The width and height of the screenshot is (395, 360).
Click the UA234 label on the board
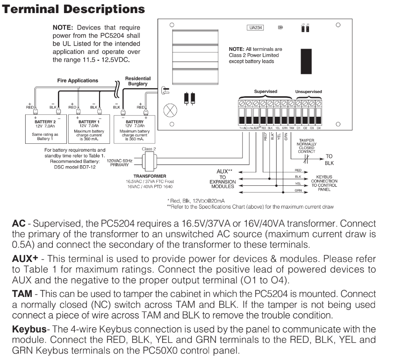coord(255,28)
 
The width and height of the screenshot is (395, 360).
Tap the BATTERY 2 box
coord(46,129)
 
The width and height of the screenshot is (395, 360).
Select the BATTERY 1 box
coord(89,129)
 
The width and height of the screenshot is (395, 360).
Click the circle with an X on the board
coord(170,110)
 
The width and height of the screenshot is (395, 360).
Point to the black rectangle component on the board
coord(306,61)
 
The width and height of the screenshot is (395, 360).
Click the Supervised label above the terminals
coord(266,92)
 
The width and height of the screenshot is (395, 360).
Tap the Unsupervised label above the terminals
coord(309,92)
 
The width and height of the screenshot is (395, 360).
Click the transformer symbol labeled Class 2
coord(150,162)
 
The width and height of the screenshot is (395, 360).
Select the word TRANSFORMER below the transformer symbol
coord(150,176)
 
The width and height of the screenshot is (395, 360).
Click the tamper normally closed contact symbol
coord(306,159)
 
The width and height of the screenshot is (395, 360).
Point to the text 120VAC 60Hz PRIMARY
coord(120,163)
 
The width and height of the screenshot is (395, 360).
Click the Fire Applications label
coord(78,80)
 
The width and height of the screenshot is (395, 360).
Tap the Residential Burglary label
coord(138,81)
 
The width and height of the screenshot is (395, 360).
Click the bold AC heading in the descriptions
coord(19,223)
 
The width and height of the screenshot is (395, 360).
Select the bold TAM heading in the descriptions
coord(22,294)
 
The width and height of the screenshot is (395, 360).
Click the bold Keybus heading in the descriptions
coord(29,329)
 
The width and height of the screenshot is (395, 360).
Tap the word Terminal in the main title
coord(31,9)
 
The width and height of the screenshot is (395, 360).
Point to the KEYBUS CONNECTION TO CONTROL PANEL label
coord(324,183)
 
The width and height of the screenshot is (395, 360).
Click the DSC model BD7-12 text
coord(75,167)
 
